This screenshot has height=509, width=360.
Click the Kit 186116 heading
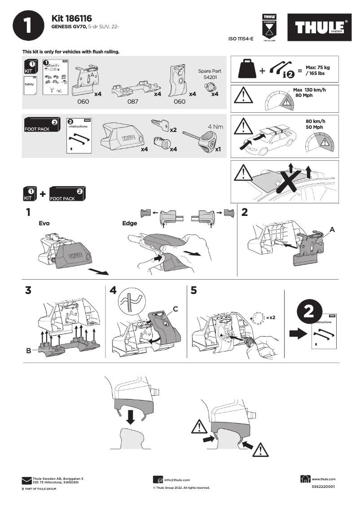point(72,18)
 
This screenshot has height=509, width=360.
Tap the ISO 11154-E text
point(241,39)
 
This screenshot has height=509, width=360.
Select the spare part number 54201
point(209,77)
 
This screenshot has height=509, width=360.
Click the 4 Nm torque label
point(215,127)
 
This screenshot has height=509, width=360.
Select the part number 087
point(132,102)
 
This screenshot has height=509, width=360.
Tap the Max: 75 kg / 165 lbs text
point(317,70)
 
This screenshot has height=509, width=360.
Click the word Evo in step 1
point(44,223)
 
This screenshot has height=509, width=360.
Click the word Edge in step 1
point(130,223)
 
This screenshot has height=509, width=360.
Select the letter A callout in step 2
point(332,229)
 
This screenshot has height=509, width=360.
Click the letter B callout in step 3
point(29,351)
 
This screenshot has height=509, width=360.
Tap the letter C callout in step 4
point(176,309)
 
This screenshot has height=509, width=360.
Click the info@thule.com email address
point(177,480)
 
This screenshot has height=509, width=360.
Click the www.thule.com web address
point(323,479)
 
